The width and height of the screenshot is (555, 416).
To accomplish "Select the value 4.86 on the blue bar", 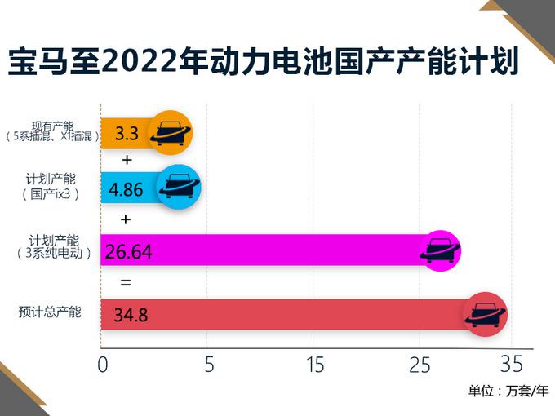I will pos(126,189).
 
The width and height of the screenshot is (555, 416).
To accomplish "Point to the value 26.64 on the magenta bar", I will pos(129,253).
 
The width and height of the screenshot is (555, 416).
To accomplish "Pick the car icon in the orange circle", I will pos(171,131).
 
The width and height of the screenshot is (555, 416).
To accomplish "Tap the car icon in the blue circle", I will pos(177,187).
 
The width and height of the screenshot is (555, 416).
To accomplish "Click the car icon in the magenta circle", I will pos(439,250).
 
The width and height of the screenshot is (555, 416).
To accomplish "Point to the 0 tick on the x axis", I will pos(103,365).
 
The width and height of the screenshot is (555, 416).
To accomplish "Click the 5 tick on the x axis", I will pos(209,365).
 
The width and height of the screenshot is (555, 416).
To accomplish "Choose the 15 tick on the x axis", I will pos(314,365).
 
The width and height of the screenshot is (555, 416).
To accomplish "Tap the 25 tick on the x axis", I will pos(420,365).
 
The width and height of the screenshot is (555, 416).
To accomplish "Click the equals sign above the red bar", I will pos(125,284).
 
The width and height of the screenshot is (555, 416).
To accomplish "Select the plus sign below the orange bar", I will pos(126,159).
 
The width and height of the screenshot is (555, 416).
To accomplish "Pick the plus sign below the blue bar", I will pos(125,219).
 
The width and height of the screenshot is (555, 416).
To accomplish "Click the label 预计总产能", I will pos(51,312).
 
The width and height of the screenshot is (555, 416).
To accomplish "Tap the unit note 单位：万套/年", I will pos(508,391).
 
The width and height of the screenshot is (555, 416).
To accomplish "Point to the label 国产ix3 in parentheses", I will pos(51,194).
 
